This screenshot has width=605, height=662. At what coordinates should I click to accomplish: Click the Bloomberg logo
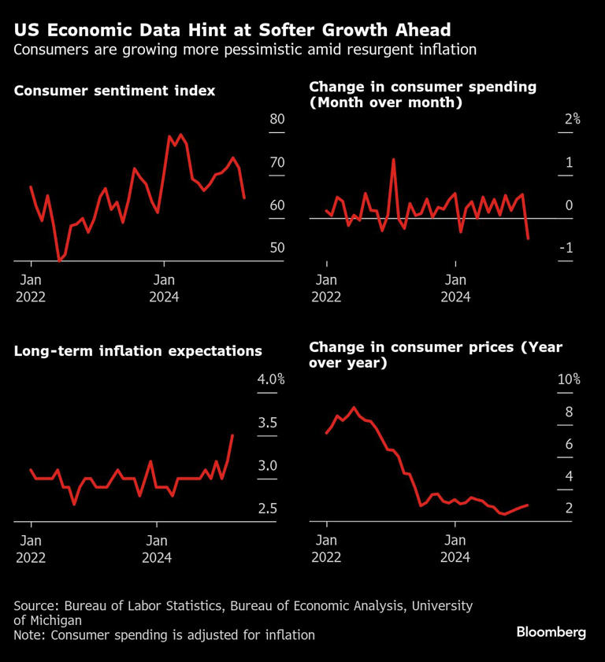[x=551, y=632]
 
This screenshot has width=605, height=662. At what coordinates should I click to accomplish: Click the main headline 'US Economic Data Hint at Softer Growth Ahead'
[x=232, y=30]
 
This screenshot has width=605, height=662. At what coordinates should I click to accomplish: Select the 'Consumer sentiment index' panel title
[x=115, y=91]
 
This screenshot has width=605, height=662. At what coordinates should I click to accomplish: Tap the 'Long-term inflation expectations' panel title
[x=138, y=351]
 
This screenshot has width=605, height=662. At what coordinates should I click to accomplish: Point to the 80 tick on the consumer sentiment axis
[x=277, y=120]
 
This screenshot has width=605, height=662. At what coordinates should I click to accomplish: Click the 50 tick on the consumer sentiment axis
[x=277, y=248]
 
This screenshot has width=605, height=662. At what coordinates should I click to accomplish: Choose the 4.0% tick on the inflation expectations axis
[x=271, y=379]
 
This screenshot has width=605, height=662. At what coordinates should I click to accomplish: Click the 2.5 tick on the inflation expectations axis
[x=268, y=509]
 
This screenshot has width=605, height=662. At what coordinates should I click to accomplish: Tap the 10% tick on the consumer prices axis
[x=569, y=379]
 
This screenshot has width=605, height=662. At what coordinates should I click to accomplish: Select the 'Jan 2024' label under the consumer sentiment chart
[x=164, y=288]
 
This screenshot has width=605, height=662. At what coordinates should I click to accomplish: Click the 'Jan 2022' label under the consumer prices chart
[x=326, y=548]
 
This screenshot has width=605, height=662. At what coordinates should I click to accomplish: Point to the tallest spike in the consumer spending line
[x=393, y=159]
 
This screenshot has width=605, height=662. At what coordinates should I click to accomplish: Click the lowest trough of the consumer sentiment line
[x=59, y=260]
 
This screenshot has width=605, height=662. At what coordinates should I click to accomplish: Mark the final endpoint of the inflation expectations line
[x=232, y=435]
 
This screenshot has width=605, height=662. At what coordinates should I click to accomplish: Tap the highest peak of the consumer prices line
[x=354, y=408]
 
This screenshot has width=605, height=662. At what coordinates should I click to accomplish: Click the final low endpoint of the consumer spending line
[x=528, y=238]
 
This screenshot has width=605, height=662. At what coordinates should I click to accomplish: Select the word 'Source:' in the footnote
[x=36, y=606]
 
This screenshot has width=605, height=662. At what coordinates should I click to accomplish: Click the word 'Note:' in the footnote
[x=31, y=634]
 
